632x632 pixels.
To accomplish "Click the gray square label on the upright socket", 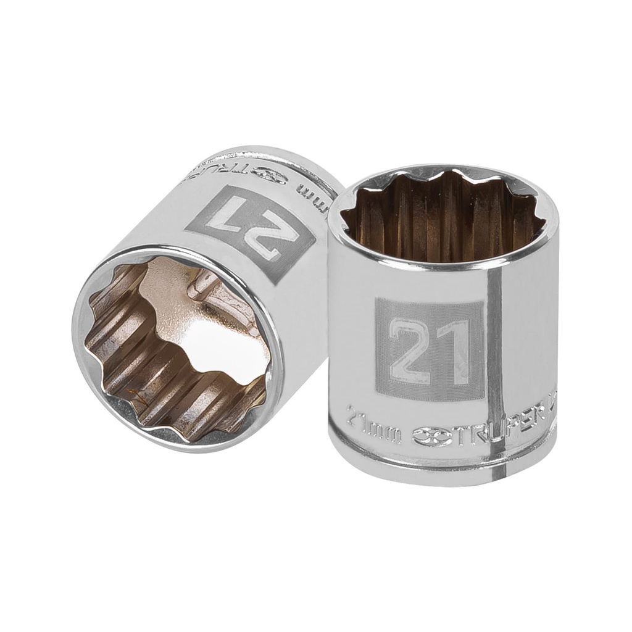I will pos(429,349).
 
